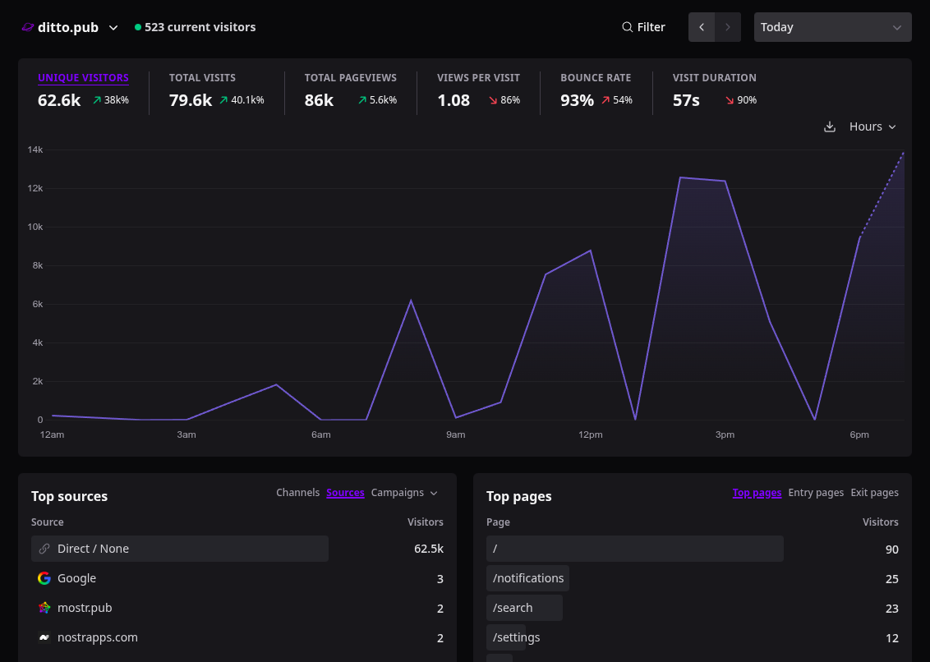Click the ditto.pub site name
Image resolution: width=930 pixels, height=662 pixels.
click(67, 27)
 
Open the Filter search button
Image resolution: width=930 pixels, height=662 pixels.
click(643, 27)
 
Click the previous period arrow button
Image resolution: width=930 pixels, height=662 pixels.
click(702, 27)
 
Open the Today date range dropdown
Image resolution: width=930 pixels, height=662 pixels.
click(833, 27)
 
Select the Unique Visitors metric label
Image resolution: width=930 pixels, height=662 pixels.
click(83, 78)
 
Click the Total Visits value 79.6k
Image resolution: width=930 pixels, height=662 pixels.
click(191, 100)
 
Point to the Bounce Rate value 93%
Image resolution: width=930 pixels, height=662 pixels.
click(577, 100)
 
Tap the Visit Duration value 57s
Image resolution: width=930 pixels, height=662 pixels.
click(686, 100)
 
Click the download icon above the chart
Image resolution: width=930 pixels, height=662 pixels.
click(830, 127)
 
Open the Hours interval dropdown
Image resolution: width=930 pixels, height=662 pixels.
click(872, 127)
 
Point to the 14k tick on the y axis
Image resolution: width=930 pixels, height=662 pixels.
click(35, 150)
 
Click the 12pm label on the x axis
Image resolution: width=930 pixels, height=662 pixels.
click(590, 434)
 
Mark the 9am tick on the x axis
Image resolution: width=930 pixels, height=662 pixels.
click(455, 434)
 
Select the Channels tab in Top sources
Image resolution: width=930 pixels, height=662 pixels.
click(297, 493)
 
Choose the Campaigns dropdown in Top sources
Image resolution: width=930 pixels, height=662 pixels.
click(404, 493)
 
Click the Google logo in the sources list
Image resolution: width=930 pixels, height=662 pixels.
click(44, 578)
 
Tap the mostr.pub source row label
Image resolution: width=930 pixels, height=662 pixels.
click(85, 608)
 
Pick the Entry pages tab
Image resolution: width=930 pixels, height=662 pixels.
click(816, 493)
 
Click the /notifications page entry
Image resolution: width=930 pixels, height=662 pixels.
click(528, 578)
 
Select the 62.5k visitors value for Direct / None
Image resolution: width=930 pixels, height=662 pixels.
click(429, 549)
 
